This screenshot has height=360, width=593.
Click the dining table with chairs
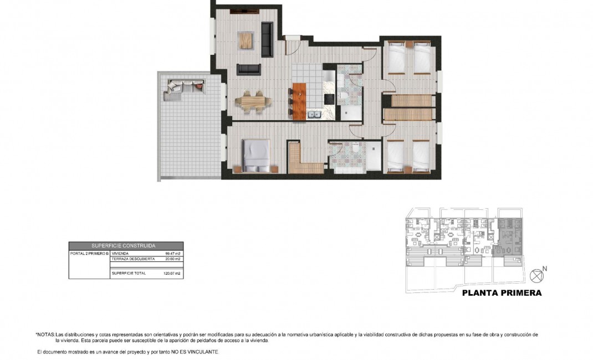coord(254,102)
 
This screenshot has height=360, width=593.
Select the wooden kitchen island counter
coord(299,102)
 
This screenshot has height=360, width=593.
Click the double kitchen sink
coord(314,115)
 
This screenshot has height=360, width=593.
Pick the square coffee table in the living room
coord(246,40)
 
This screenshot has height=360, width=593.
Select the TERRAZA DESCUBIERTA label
coord(131,259)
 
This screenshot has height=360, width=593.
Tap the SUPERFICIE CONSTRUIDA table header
coord(126,245)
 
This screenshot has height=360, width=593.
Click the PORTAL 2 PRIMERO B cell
coord(89,253)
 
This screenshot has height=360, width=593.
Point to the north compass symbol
coord(536,275)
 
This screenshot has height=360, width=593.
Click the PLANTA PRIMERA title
coord(502,293)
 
